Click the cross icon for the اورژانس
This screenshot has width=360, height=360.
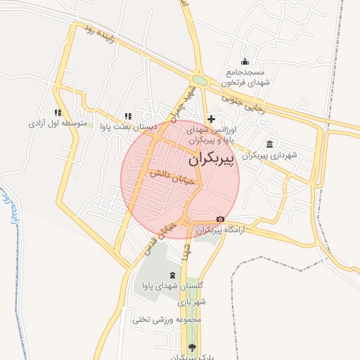pyautogui.click(x=211, y=120)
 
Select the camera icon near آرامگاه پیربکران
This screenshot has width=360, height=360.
pyautogui.click(x=220, y=219)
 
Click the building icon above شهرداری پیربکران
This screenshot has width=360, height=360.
pyautogui.click(x=269, y=144)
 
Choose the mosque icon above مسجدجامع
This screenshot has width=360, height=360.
pyautogui.click(x=245, y=61)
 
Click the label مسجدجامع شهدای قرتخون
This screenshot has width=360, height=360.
pyautogui.click(x=245, y=77)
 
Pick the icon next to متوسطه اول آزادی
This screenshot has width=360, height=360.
pyautogui.click(x=58, y=112)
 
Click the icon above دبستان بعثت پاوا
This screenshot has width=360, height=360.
pyautogui.click(x=127, y=116)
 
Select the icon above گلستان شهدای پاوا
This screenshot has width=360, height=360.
pyautogui.click(x=172, y=274)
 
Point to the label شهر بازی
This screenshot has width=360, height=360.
pyautogui.click(x=191, y=302)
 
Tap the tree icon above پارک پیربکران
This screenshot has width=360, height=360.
pyautogui.click(x=192, y=347)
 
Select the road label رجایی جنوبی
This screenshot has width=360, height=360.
pyautogui.click(x=241, y=101)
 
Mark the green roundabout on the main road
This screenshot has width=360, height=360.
pyautogui.click(x=199, y=80)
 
